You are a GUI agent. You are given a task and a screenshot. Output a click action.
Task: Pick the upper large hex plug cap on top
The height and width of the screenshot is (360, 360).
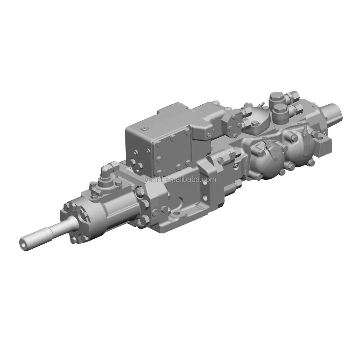[275, 97]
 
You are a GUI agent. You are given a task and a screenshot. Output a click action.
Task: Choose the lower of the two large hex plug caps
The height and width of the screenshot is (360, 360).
[280, 109]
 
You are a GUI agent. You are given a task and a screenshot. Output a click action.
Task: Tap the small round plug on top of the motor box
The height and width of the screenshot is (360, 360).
[144, 129]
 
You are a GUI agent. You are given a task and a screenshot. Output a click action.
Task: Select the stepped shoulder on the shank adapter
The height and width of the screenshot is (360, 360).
[51, 229]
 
